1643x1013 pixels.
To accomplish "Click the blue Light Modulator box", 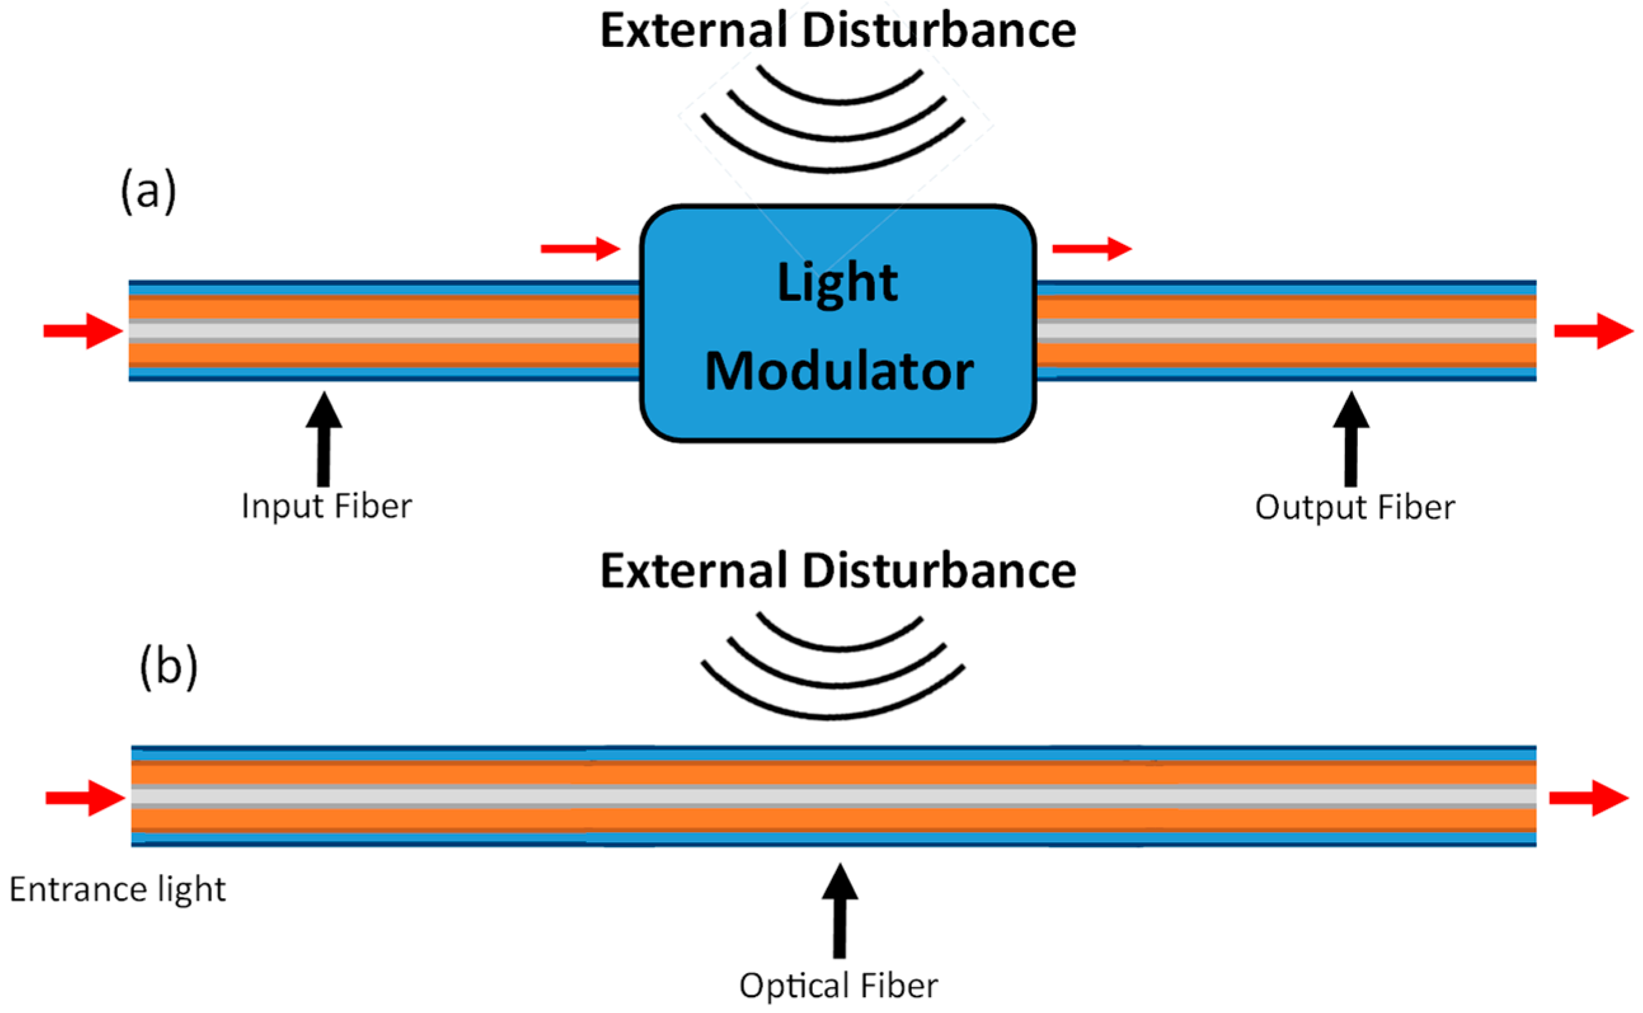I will pos(837,415).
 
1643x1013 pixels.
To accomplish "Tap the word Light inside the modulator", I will pos(837,283).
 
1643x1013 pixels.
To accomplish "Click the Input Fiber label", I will pos(326,506).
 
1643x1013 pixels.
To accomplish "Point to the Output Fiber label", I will pos(1354,507).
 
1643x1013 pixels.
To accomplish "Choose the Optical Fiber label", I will pos(838,986).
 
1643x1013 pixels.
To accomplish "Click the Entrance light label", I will pos(117,890).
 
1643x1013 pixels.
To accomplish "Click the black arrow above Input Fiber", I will pos(324,439).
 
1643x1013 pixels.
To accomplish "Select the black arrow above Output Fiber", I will pos(1351,439).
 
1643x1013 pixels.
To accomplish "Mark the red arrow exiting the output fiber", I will pos(1593,331).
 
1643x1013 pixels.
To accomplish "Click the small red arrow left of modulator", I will pos(580,248).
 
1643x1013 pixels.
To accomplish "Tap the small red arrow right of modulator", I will pos(1091,248).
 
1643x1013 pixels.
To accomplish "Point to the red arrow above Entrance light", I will pos(85,798).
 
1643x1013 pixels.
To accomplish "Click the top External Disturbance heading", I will pos(837,31).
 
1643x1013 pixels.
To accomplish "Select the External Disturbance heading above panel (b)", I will pos(837,572).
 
